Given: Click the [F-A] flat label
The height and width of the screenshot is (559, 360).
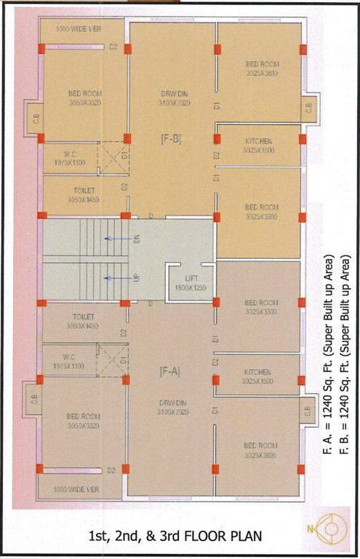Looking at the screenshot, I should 170,372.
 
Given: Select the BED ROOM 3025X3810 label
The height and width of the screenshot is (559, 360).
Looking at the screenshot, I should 262,69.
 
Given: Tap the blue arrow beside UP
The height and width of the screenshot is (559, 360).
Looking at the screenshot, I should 112,277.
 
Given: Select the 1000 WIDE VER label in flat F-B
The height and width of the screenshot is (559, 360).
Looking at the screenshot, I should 79,28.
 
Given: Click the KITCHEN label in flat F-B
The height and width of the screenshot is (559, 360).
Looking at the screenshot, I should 260,145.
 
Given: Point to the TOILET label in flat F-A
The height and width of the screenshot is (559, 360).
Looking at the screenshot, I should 84,321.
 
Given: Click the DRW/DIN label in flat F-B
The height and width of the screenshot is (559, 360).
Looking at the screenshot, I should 174,99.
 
